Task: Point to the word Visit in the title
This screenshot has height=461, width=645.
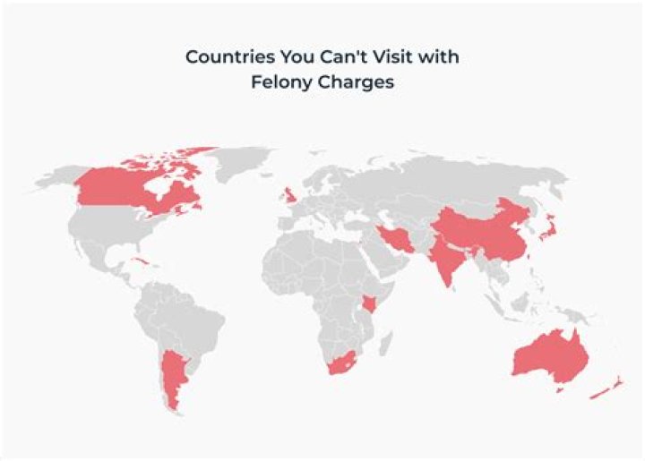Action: pyautogui.click(x=398, y=56)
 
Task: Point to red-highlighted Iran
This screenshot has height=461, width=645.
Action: pyautogui.click(x=393, y=239)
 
